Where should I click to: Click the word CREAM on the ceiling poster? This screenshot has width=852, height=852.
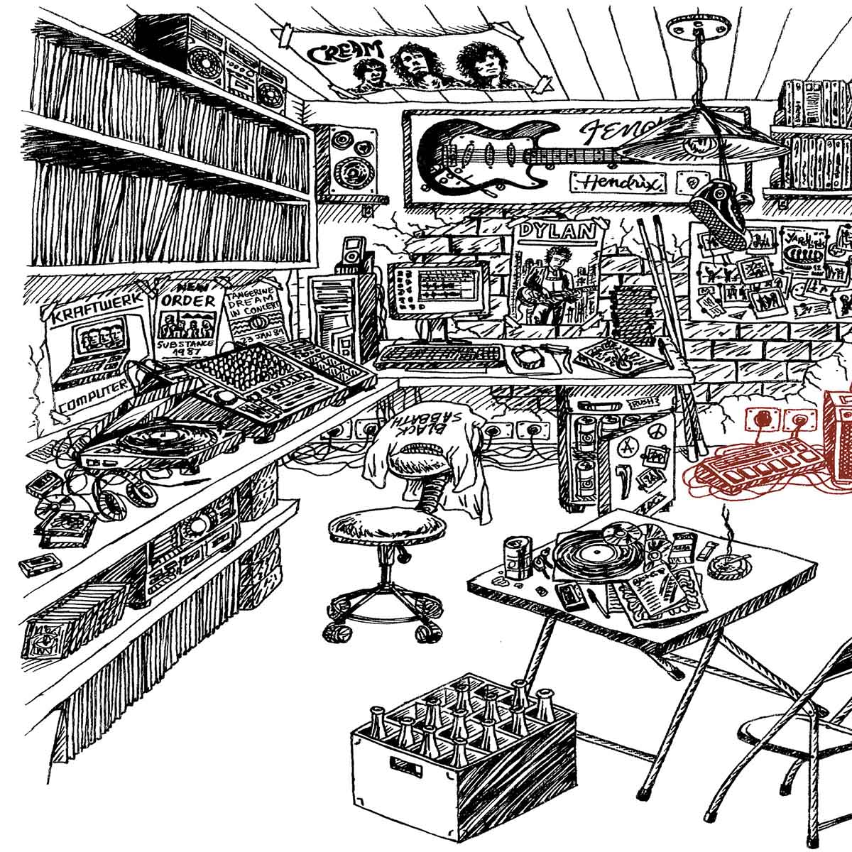[x=346, y=53]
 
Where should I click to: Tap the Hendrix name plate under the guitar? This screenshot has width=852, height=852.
[x=618, y=182]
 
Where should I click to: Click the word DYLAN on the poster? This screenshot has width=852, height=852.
[x=556, y=231]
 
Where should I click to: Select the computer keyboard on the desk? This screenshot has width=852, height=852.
[x=440, y=355]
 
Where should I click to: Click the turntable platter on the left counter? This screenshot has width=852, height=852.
[x=152, y=439]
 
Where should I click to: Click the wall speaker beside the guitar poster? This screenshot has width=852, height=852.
[x=350, y=160]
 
